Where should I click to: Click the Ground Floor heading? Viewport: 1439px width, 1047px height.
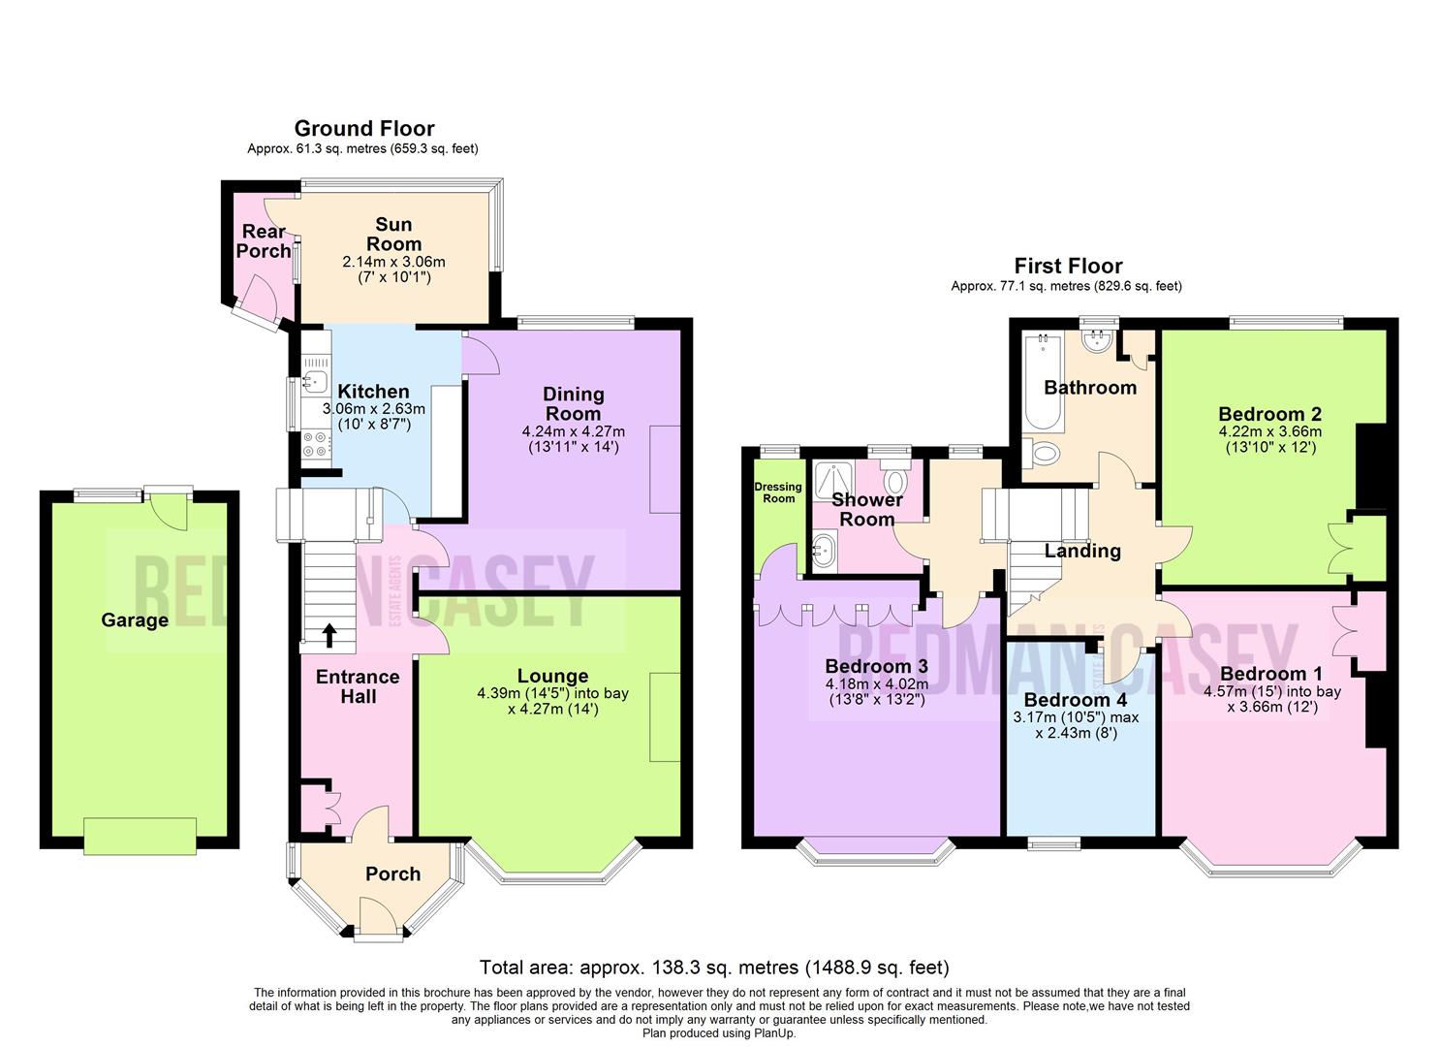[x=363, y=128]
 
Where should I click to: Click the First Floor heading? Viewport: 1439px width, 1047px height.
[x=1068, y=266]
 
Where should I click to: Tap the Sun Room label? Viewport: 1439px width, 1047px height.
[x=393, y=234]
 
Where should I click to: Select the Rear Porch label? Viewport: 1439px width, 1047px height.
[x=264, y=241]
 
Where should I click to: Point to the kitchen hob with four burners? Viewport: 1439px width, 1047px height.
[x=315, y=445]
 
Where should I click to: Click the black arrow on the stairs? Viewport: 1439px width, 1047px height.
[x=329, y=635]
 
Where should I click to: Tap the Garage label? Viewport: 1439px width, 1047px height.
[x=135, y=620]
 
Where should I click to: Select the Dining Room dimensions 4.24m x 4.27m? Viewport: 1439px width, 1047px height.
[x=573, y=431]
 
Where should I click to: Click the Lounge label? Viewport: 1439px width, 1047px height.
[x=552, y=676]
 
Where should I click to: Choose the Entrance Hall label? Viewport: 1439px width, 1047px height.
[x=358, y=686]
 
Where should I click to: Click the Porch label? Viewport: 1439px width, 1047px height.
[x=392, y=873]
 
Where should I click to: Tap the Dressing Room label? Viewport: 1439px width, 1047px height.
[x=778, y=492]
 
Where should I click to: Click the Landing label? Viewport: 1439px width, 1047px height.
[x=1082, y=551]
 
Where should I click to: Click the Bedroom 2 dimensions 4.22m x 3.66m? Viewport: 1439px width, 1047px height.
[x=1269, y=431]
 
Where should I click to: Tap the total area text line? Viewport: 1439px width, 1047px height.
[x=714, y=968]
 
